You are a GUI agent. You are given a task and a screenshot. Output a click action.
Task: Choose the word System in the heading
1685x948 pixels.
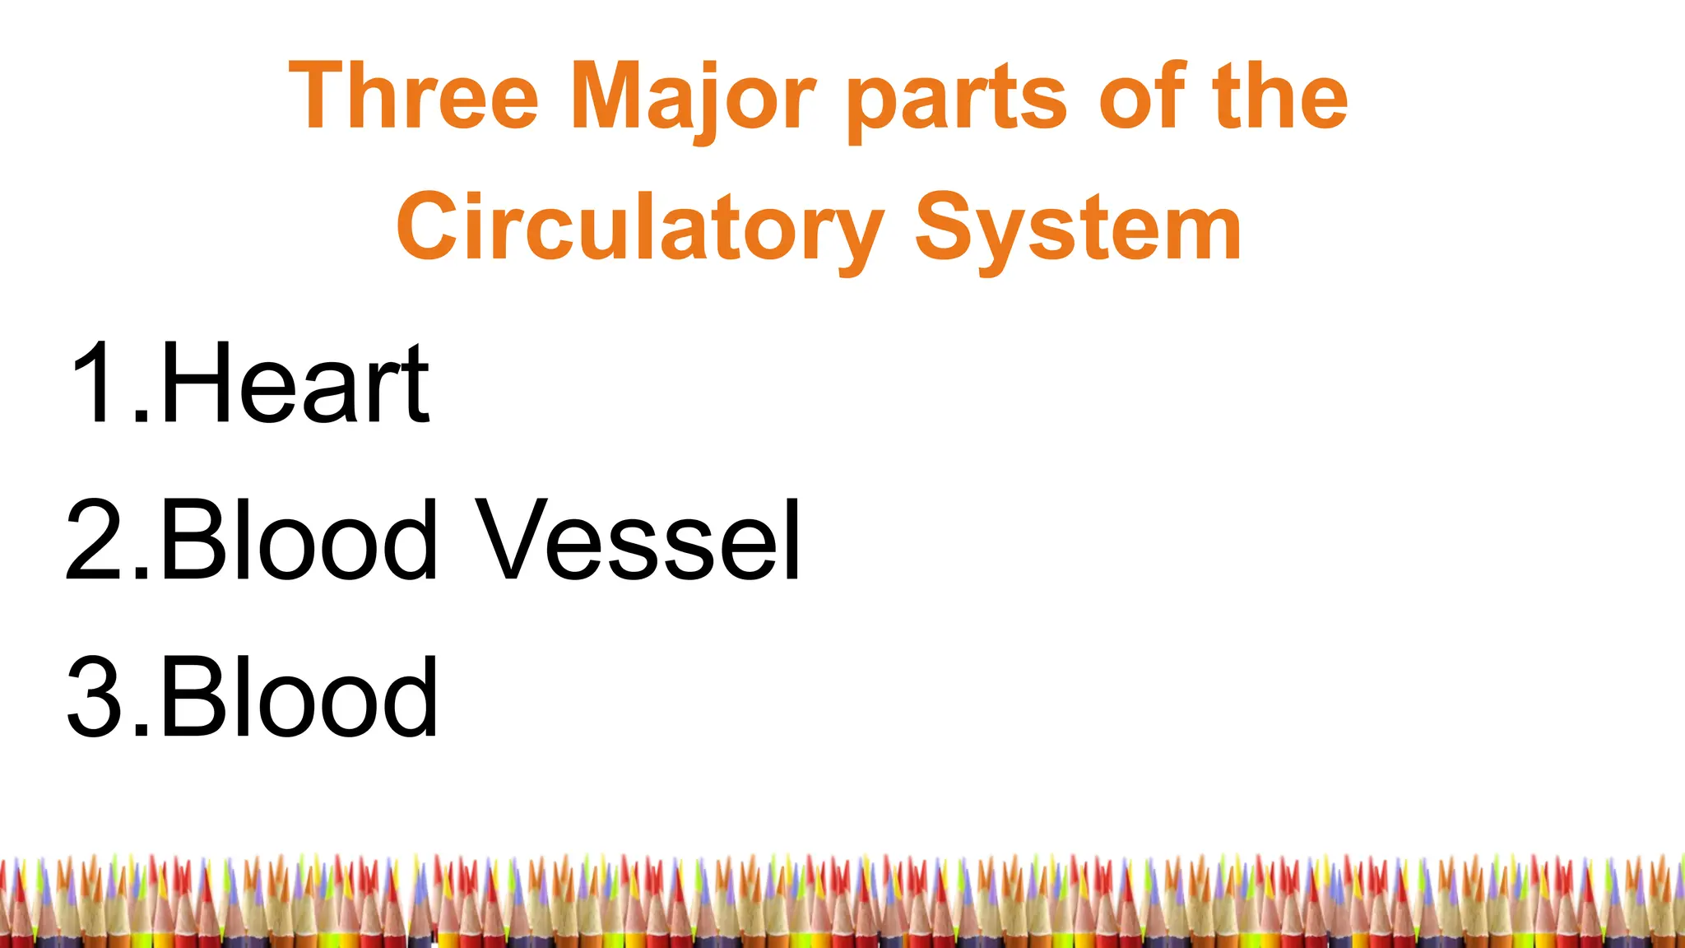tap(1078, 229)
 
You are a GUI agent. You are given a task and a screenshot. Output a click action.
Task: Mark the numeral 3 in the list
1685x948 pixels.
tap(97, 698)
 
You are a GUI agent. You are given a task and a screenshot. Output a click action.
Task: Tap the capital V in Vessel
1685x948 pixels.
tap(515, 540)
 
